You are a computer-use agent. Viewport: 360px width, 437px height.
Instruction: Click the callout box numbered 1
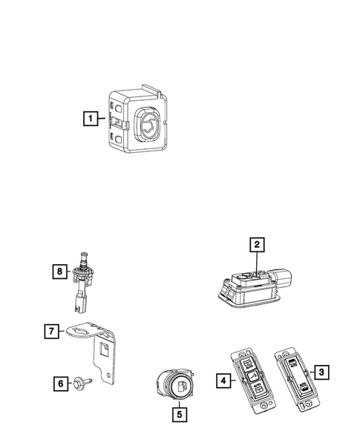coord(90,117)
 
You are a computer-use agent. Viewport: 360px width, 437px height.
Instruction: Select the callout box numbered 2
coord(256,244)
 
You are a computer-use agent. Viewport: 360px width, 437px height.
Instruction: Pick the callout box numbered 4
coord(221,381)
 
